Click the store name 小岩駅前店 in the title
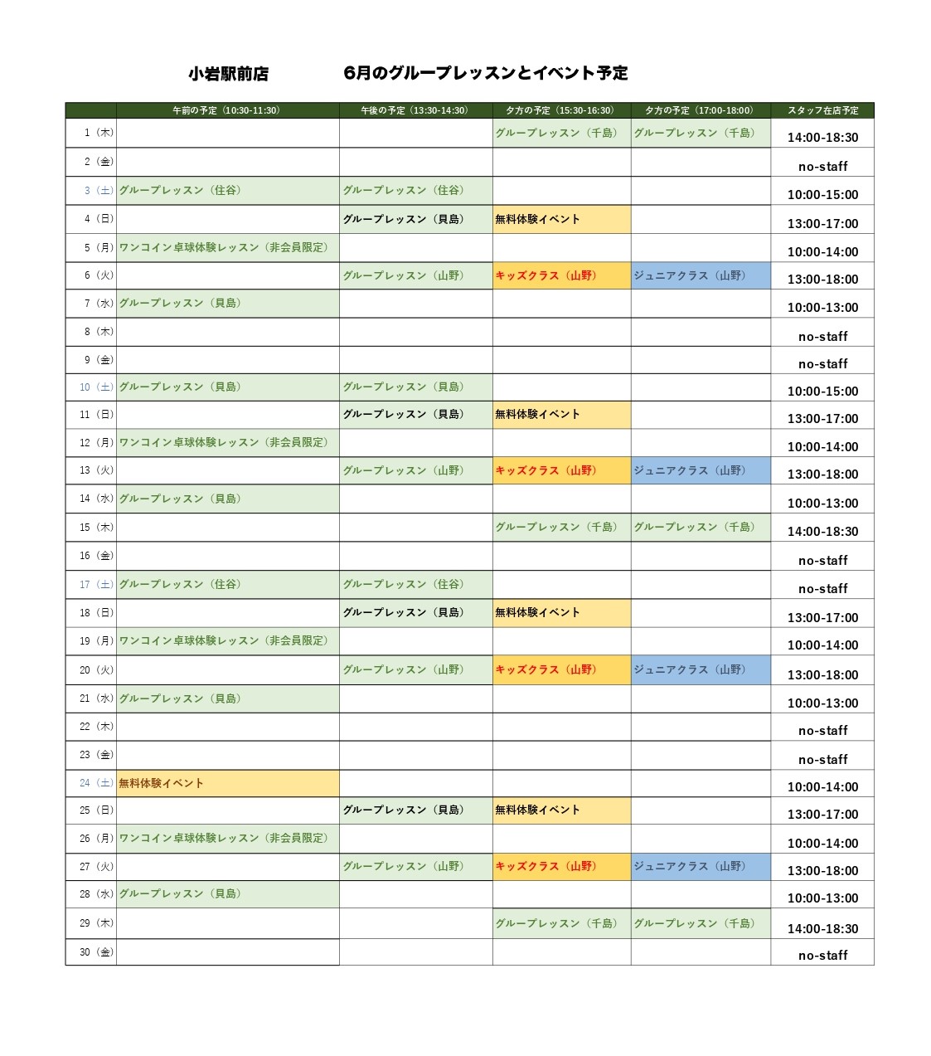[228, 74]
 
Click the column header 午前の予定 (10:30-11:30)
[226, 110]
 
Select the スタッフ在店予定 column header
[822, 110]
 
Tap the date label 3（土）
[99, 191]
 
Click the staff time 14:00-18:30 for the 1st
[822, 138]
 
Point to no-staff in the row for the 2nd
[822, 167]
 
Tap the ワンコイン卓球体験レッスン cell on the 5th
[224, 247]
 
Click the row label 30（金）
[97, 952]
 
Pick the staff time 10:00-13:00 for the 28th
[822, 898]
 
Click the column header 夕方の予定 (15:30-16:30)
[560, 110]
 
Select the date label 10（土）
[96, 387]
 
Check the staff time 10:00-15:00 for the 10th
[822, 392]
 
